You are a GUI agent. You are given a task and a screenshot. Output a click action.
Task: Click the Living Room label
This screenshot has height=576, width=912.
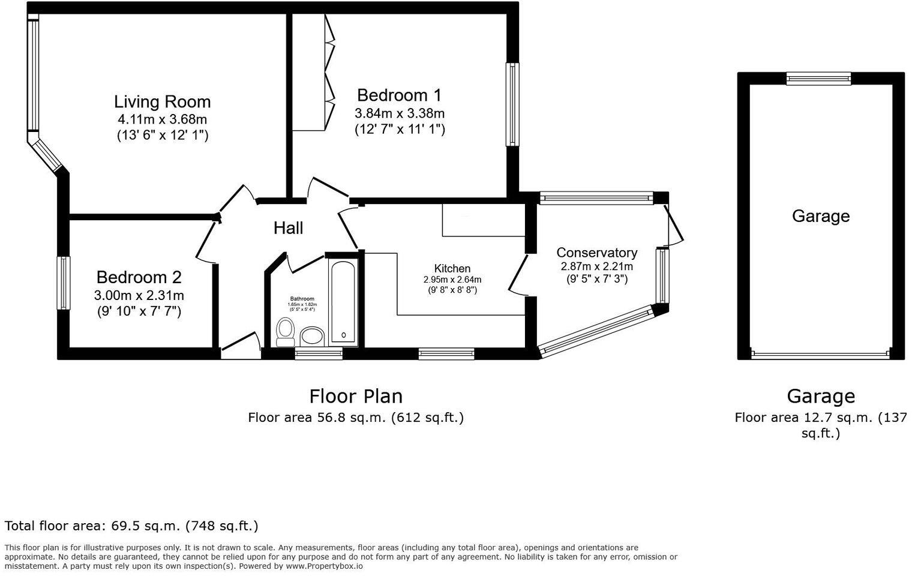point(162,101)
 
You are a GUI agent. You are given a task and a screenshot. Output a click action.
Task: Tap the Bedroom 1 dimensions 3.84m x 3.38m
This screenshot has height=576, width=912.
point(400,113)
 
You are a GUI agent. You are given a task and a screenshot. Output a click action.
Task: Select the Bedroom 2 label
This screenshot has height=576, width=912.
point(139,277)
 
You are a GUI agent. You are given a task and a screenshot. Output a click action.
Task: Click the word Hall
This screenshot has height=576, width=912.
point(288,228)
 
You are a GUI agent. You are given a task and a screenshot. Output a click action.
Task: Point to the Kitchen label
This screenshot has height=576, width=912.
point(452,268)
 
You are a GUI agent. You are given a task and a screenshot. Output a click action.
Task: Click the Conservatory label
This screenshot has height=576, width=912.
point(596,253)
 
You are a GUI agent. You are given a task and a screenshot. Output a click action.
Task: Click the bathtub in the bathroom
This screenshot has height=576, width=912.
point(343,302)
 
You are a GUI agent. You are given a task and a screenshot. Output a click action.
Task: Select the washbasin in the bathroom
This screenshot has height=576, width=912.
point(311,337)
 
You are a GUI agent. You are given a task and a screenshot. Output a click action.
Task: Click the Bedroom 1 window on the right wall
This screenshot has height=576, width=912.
point(512,104)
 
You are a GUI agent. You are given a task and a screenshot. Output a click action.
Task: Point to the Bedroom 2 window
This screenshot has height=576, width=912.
point(63,283)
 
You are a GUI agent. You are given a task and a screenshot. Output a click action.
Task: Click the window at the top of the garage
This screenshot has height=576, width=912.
point(818,79)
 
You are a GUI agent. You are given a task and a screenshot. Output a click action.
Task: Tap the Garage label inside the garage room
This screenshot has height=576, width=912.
point(820,216)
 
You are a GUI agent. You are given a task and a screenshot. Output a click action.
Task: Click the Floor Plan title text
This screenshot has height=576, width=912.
point(356,396)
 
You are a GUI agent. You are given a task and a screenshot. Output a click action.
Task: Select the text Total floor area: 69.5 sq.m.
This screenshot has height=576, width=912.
point(131,526)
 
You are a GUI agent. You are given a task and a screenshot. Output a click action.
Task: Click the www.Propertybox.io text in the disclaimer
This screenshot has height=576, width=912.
point(324,566)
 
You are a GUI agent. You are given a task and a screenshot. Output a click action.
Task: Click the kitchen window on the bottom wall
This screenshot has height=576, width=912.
point(446,354)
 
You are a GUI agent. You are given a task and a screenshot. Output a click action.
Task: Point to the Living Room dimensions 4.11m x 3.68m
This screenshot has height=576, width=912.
point(162,119)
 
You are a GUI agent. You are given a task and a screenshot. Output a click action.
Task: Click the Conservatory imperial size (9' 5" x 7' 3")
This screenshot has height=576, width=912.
point(596,279)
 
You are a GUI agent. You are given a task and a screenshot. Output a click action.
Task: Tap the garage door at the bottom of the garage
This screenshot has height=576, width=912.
point(820,355)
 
